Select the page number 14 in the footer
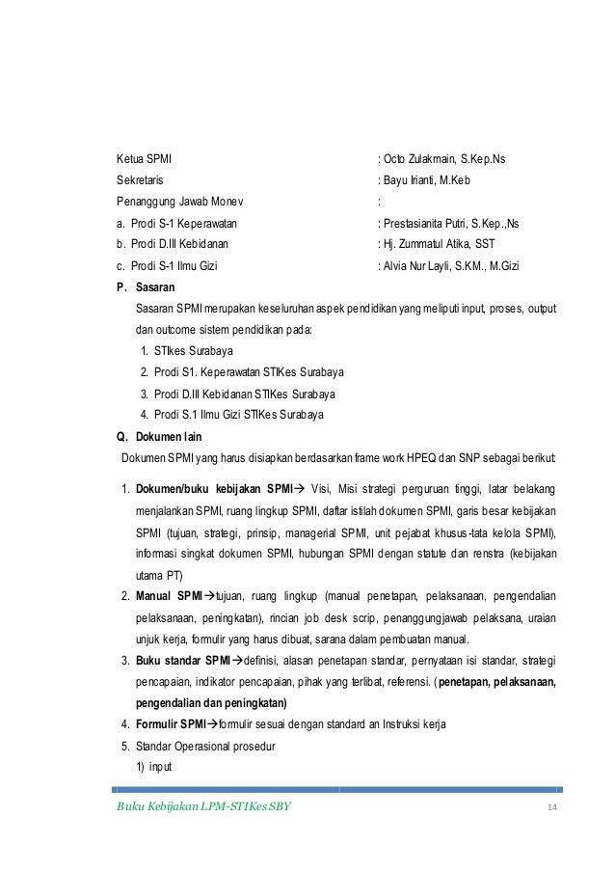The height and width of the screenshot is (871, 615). tap(551, 806)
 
